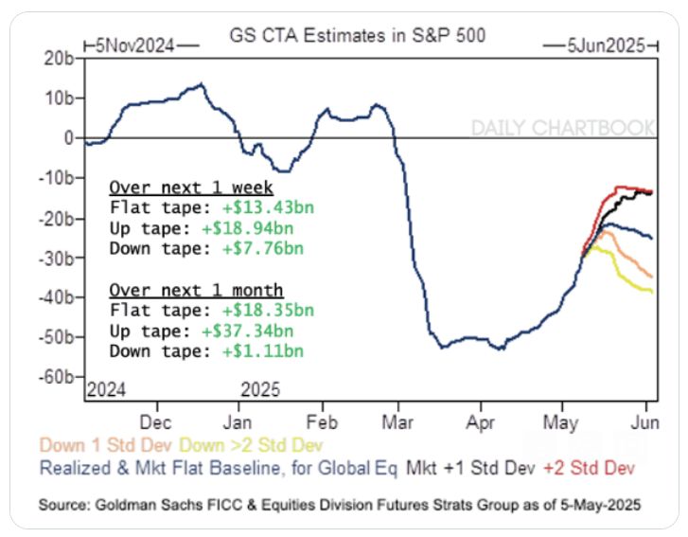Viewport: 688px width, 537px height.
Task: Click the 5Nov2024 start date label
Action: click(x=141, y=45)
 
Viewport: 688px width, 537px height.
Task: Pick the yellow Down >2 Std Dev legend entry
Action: click(x=253, y=445)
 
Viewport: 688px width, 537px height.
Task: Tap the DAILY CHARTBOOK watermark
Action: click(x=562, y=128)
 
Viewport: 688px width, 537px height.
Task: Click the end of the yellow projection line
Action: click(x=652, y=292)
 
